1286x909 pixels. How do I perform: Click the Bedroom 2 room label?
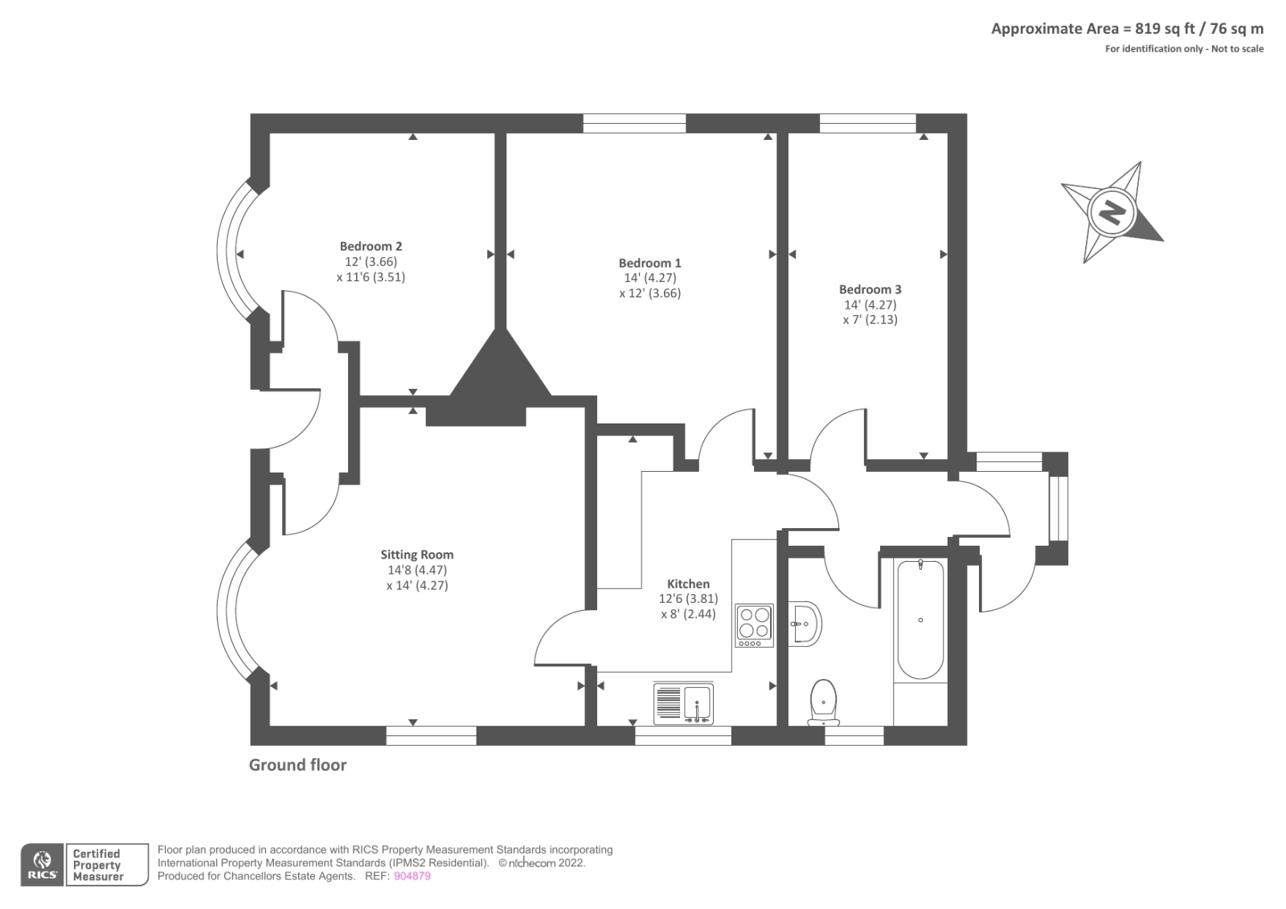click(371, 247)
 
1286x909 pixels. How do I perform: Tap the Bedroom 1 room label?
click(649, 263)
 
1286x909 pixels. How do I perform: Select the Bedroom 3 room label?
click(870, 289)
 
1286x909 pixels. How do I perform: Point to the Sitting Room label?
click(416, 555)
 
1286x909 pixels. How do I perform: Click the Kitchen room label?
click(688, 584)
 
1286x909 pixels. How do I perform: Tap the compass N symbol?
click(1112, 212)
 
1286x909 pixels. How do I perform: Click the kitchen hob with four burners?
click(754, 625)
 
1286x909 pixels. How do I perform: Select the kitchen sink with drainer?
click(683, 704)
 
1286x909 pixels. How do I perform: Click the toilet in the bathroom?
click(823, 700)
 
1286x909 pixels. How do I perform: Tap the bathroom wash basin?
click(805, 623)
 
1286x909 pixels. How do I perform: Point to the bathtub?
click(920, 620)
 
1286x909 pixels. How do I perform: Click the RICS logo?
click(42, 865)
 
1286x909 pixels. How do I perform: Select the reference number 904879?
click(412, 876)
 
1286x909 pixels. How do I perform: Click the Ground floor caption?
click(297, 765)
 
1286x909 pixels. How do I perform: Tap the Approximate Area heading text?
click(1126, 29)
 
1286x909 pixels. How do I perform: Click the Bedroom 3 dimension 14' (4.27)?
click(870, 305)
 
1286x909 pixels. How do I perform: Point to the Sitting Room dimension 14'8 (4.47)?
click(416, 570)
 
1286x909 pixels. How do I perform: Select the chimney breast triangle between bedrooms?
click(500, 370)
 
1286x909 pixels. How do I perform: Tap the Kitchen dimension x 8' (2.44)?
click(688, 614)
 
